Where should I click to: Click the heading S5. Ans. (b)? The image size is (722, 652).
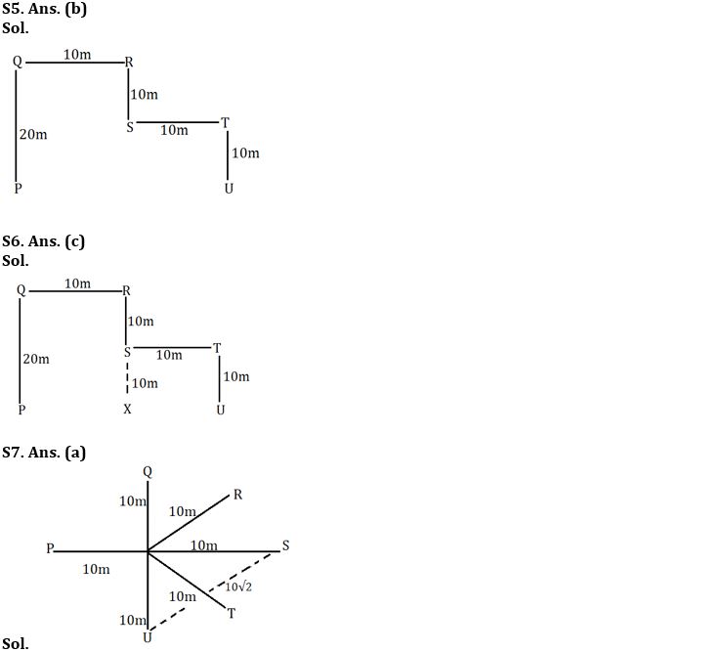click(45, 9)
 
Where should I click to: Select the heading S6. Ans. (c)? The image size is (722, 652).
click(44, 241)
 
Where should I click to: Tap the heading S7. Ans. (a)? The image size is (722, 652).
click(45, 452)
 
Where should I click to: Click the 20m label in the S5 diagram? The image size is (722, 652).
click(33, 134)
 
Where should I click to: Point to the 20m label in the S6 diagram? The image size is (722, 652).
click(36, 360)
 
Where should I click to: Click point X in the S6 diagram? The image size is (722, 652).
click(127, 410)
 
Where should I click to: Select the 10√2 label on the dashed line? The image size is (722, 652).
click(239, 587)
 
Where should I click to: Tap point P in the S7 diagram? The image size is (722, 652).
click(50, 548)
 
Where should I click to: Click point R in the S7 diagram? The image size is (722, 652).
click(237, 495)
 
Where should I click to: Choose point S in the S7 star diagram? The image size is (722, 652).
click(285, 544)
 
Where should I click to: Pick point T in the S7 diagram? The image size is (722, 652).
click(232, 613)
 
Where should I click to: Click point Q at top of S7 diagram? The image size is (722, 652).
click(148, 471)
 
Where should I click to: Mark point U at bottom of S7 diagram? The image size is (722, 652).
click(147, 638)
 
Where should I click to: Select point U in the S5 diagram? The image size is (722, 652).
click(229, 188)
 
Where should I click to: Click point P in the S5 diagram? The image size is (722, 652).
click(18, 188)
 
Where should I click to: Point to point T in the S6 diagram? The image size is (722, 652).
click(217, 348)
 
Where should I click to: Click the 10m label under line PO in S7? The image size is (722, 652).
click(96, 569)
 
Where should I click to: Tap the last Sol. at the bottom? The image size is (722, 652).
click(16, 643)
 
